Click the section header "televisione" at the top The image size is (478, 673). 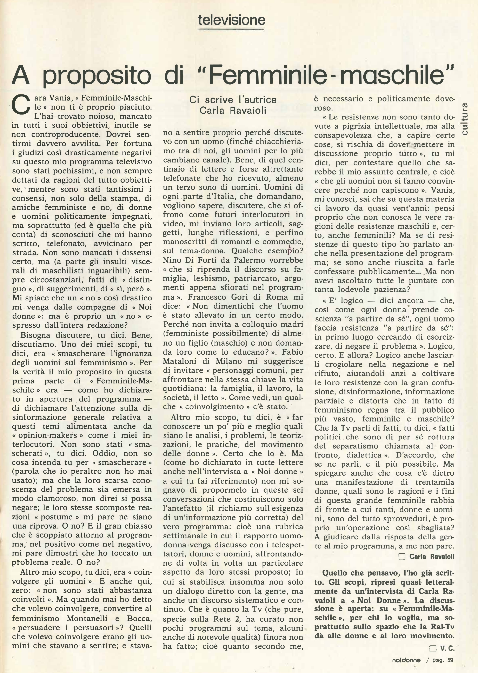click(x=232, y=20)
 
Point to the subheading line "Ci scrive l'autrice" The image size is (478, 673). click(x=233, y=100)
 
